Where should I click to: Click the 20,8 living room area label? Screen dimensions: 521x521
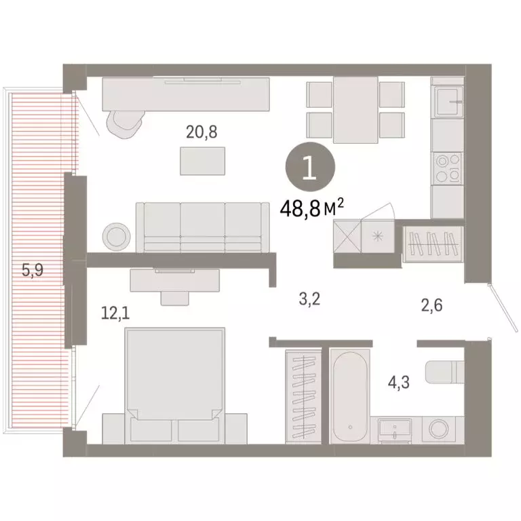(201, 132)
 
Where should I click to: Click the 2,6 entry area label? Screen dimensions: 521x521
(431, 306)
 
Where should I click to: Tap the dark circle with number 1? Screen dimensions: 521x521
(309, 167)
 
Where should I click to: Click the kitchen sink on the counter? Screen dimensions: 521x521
(447, 102)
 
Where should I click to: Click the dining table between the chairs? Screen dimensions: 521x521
(355, 109)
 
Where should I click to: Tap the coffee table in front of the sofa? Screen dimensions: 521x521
(204, 160)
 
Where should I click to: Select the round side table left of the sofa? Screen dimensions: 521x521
(116, 235)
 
